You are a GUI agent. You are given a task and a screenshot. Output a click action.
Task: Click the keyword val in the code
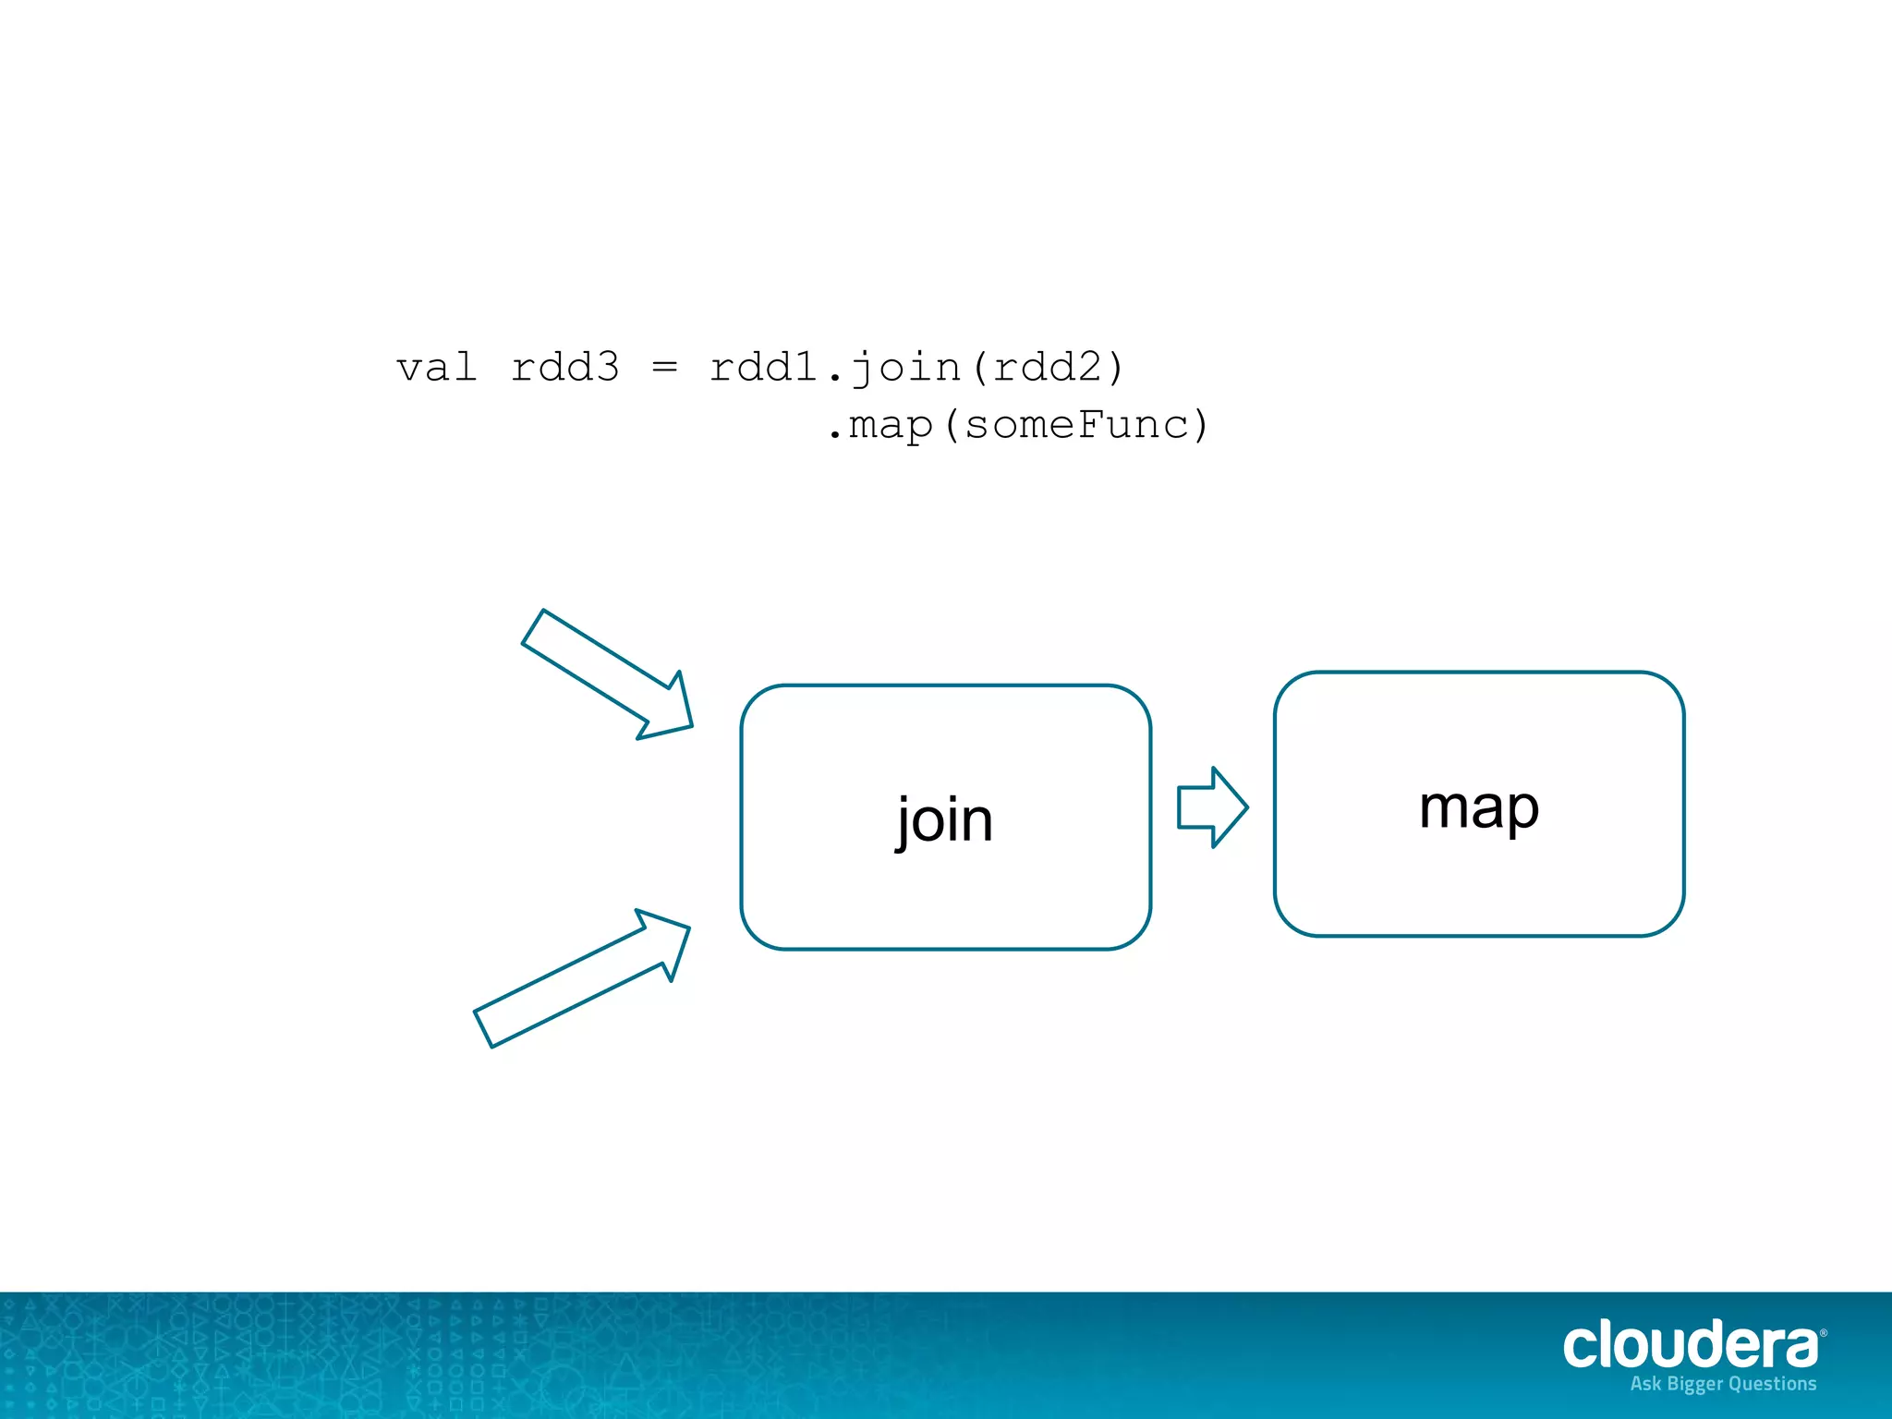click(436, 367)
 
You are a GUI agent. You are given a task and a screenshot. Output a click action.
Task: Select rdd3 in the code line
click(564, 367)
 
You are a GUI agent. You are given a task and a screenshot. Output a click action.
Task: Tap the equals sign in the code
click(664, 367)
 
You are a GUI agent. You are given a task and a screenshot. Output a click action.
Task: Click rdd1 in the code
click(764, 367)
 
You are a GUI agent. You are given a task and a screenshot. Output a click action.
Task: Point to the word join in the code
click(906, 367)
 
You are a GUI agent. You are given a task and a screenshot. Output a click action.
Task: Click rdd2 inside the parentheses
click(1049, 367)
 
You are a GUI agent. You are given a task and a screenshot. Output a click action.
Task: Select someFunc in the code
click(1077, 425)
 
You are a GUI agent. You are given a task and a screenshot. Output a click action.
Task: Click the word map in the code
click(891, 425)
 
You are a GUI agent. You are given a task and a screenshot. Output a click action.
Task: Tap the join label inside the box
click(944, 819)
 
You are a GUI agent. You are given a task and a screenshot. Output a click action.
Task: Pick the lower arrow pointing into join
click(582, 978)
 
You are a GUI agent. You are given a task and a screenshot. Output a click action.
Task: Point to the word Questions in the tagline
click(1772, 1384)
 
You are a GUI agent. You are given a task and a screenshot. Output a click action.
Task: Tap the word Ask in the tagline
click(1645, 1384)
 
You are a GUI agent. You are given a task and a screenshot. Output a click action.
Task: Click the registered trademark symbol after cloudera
click(1823, 1333)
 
